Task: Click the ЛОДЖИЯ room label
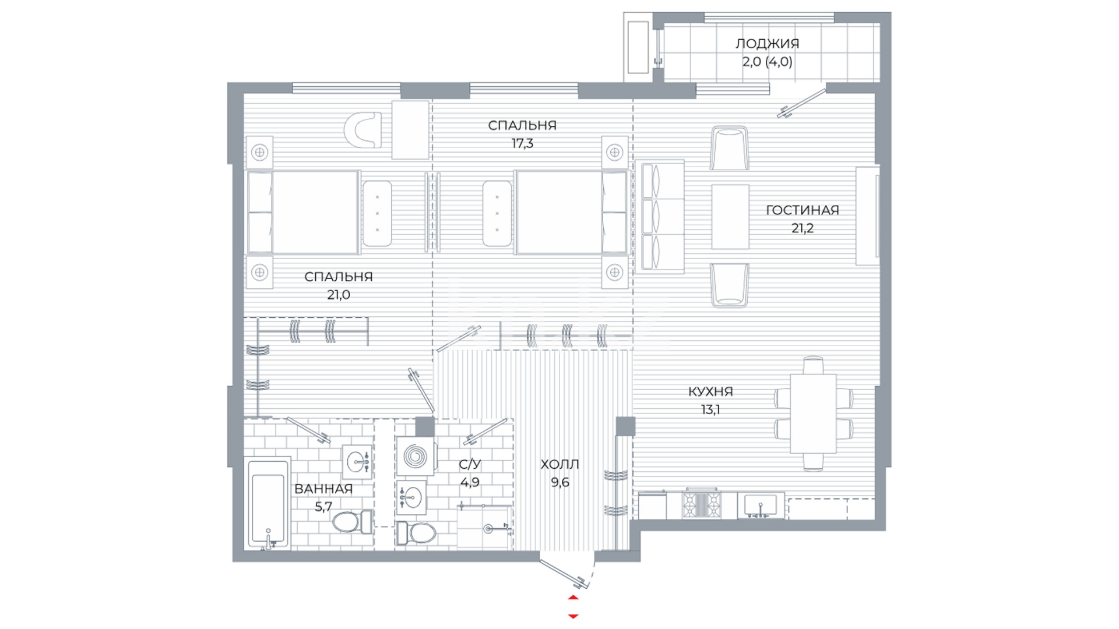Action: [767, 44]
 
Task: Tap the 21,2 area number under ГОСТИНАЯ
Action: [802, 228]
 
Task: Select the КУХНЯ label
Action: [710, 391]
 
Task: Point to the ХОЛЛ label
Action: [559, 464]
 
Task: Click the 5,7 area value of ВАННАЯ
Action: [323, 507]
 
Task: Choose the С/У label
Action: [470, 464]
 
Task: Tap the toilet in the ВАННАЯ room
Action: [352, 521]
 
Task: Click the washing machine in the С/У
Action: [415, 457]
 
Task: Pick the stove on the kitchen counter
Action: [702, 504]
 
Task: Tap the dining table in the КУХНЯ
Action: [813, 414]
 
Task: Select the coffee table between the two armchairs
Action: [730, 217]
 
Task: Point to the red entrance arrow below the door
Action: [573, 606]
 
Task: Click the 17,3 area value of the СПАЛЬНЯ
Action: [522, 143]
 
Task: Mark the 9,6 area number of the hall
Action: [559, 482]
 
